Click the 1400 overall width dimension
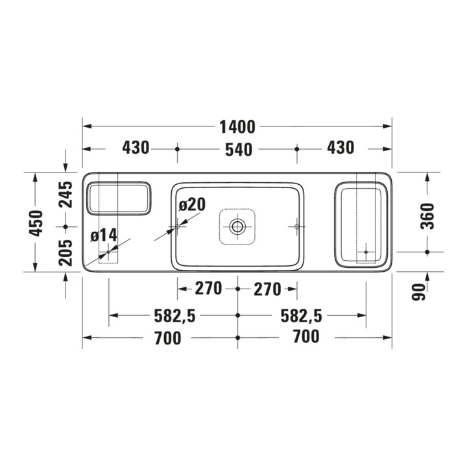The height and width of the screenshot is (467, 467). pos(237,127)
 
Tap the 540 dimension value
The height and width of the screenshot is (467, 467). pos(239,150)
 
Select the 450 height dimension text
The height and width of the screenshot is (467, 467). pos(36,223)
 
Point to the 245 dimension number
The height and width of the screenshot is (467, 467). pos(66,194)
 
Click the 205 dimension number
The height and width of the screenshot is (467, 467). pos(66,252)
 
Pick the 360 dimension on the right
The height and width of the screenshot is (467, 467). pos(427,216)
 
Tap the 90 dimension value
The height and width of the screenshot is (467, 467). pos(418,292)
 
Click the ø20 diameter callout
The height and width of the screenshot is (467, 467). pos(192,204)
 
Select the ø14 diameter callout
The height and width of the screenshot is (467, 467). pos(104,235)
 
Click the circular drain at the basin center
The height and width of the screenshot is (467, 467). pos(237,226)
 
